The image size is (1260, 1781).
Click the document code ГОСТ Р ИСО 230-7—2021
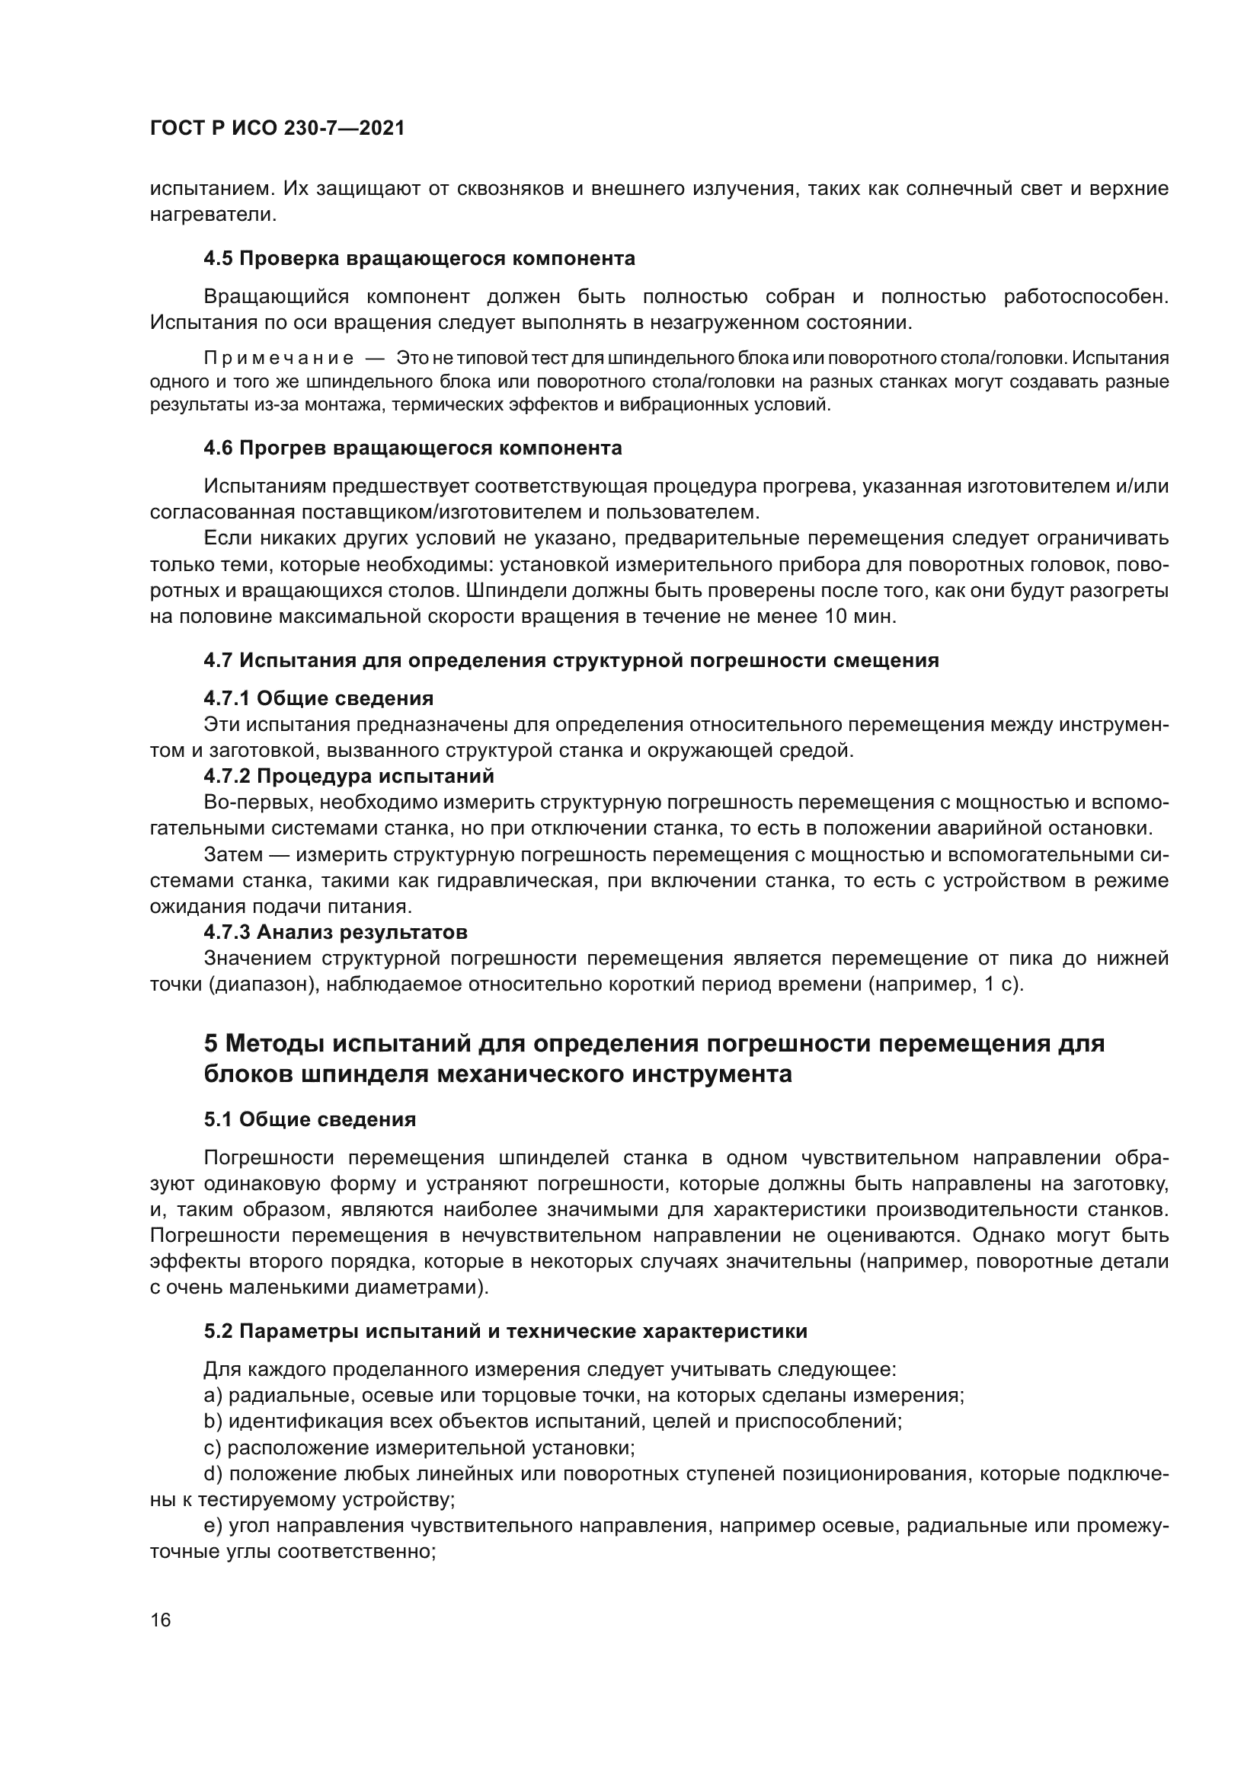click(277, 129)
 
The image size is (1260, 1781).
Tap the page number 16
click(161, 1620)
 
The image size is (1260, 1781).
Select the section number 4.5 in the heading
click(218, 258)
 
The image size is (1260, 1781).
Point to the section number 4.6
click(218, 448)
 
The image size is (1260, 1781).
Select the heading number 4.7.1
click(226, 699)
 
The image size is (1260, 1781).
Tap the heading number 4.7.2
click(226, 777)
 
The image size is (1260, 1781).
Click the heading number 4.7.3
click(226, 931)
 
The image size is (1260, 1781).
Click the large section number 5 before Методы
click(211, 1044)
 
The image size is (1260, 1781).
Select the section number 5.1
click(218, 1120)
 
